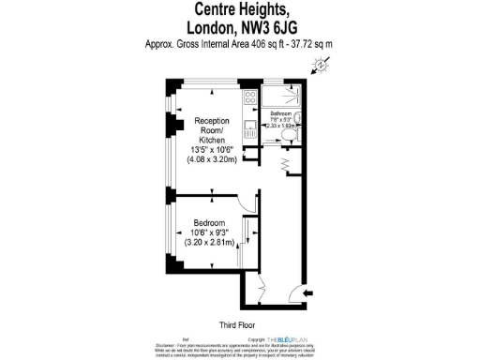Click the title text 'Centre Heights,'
pos(240,10)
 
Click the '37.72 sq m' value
pos(310,45)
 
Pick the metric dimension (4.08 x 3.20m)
pos(214,158)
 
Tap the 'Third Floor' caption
pos(238,324)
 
